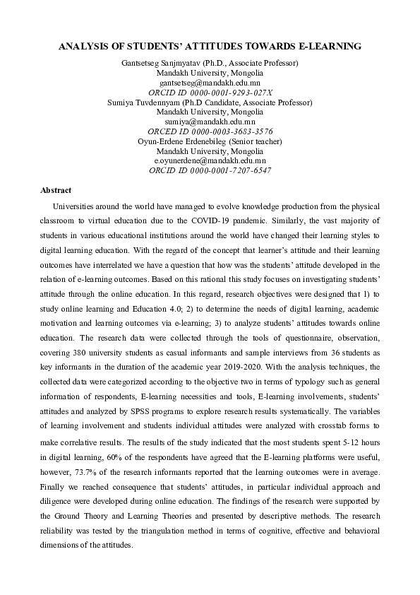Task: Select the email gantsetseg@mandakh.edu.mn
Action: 210,83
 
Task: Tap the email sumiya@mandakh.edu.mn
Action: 210,122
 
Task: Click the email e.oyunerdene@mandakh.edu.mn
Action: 210,161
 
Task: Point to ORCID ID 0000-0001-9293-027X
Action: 210,93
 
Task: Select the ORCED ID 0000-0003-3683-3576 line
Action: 210,132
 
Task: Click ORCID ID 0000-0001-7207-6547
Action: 210,171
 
